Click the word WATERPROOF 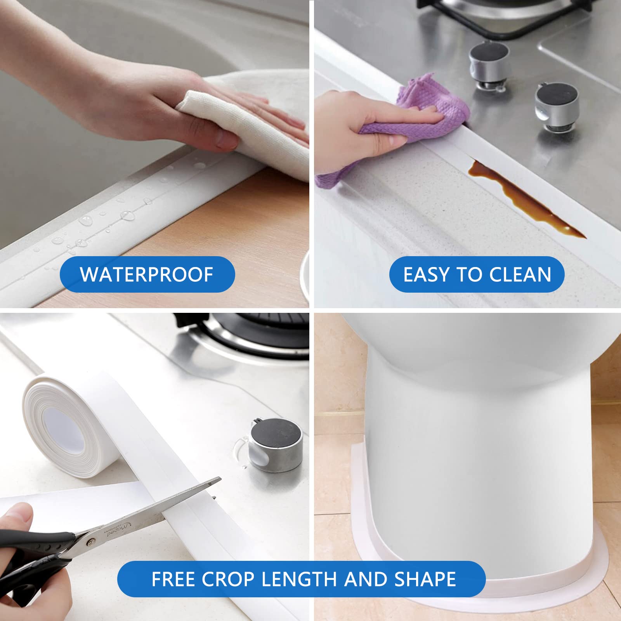(146, 274)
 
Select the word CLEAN (520, 274)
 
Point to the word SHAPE (425, 579)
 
